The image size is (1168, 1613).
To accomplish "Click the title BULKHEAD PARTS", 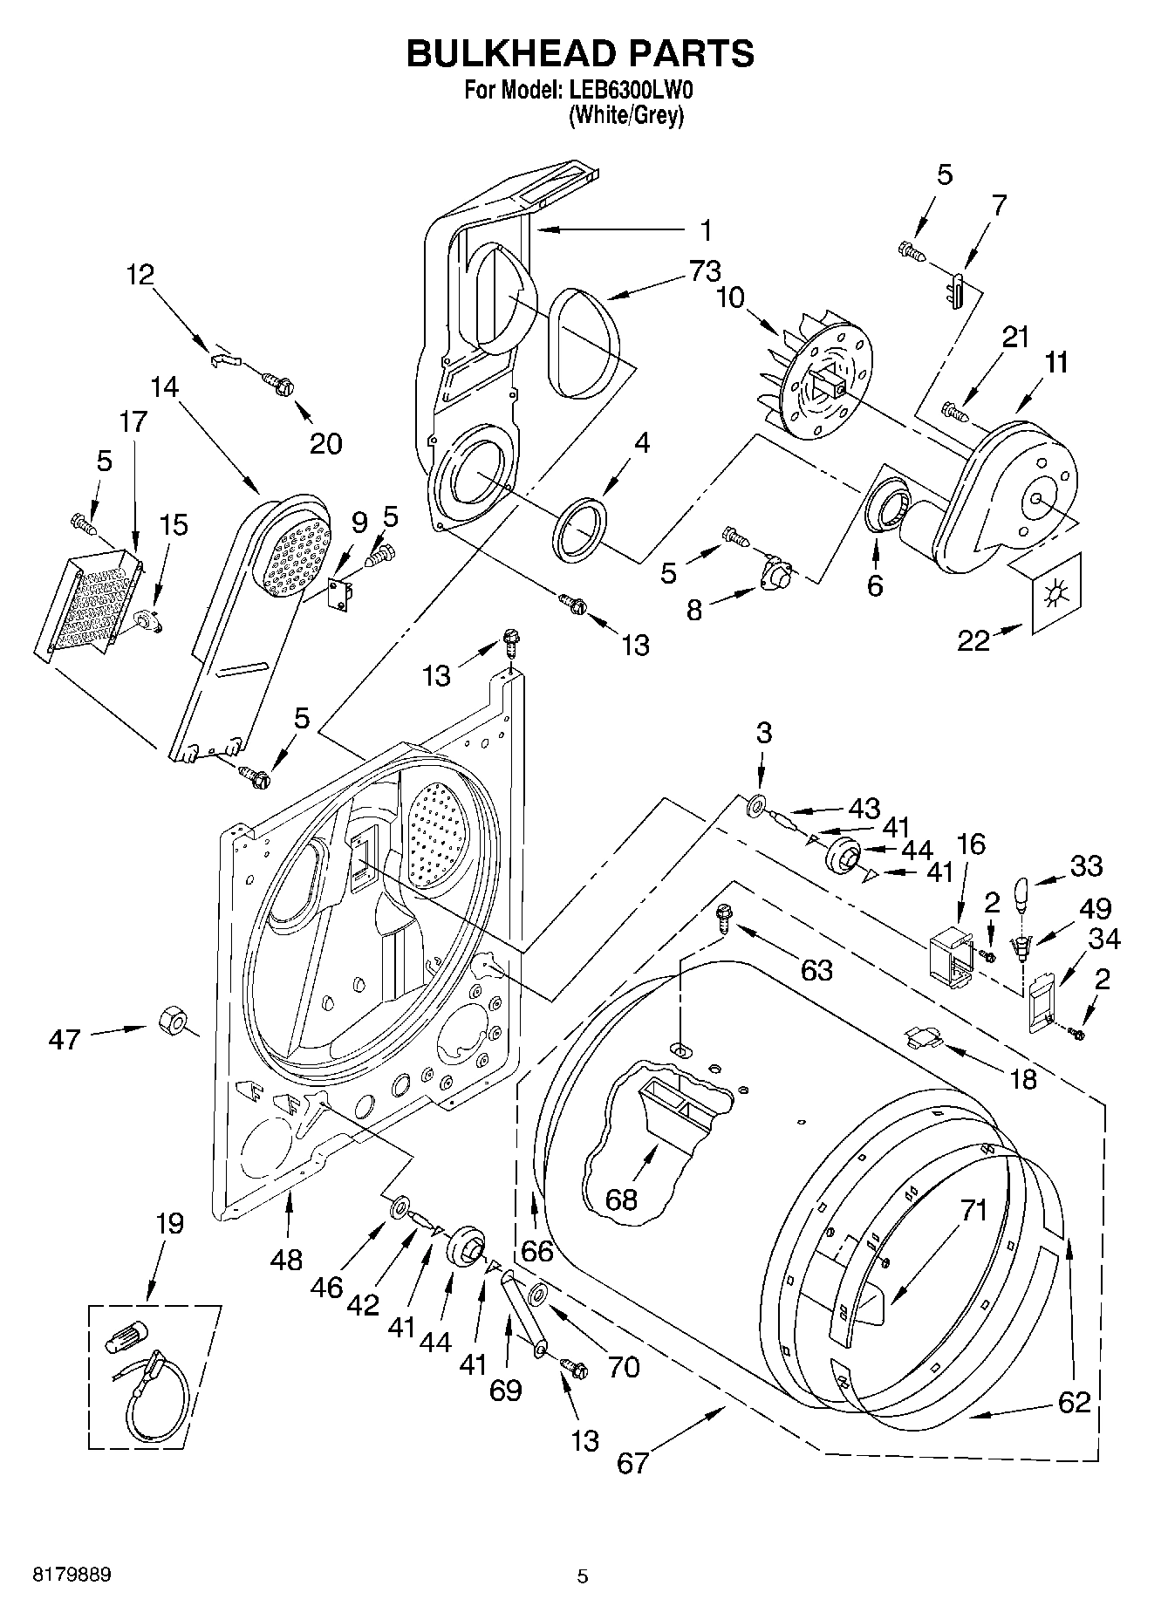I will [580, 54].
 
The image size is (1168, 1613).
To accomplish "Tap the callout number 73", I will [705, 271].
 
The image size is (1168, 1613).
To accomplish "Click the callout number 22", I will [973, 641].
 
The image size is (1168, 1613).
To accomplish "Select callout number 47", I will [65, 1039].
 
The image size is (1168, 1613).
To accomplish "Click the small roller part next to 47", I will [173, 1020].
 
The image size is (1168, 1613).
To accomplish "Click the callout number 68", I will [622, 1199].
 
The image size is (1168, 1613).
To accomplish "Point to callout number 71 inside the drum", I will [973, 1210].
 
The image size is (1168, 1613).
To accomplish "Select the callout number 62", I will [1075, 1402].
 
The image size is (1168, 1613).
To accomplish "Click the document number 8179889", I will [72, 1575].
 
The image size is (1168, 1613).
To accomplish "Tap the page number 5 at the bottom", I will [583, 1575].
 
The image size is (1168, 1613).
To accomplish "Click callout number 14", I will [164, 386].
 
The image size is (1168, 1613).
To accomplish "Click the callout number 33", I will [1086, 865].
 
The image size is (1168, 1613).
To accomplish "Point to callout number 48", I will [286, 1259].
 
